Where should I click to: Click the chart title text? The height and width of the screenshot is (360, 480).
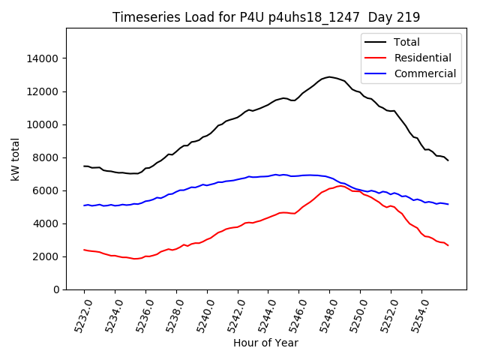(266, 16)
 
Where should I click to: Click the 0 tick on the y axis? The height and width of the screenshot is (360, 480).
(56, 289)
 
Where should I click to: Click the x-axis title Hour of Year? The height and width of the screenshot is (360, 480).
(265, 343)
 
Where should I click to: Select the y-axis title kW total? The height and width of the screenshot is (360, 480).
(15, 159)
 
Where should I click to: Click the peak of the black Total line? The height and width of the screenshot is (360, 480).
(329, 76)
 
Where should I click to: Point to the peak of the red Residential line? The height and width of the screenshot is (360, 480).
(341, 186)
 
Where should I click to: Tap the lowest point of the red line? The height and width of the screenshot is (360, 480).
(136, 259)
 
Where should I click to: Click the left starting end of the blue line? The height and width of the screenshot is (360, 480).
(84, 205)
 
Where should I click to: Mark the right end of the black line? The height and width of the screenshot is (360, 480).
(448, 160)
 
